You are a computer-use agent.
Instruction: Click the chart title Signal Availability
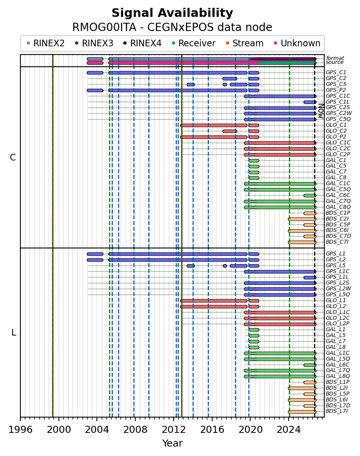(172, 13)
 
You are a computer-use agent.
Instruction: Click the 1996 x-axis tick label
(20, 430)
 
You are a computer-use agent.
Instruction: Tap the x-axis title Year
(172, 443)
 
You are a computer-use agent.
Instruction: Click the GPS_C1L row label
(338, 102)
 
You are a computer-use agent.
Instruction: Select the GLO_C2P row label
(338, 155)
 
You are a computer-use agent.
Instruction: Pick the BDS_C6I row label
(337, 230)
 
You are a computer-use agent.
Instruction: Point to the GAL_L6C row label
(338, 365)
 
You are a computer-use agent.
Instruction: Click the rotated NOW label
(321, 111)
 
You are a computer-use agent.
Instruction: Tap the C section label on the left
(13, 157)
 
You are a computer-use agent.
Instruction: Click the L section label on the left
(14, 332)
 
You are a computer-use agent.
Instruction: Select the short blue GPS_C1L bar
(310, 102)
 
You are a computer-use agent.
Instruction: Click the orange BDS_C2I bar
(302, 219)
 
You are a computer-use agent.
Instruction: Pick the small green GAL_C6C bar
(310, 196)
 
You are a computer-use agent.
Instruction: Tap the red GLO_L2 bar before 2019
(214, 306)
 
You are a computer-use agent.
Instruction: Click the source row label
(335, 62)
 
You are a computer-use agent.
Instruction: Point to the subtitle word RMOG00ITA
(104, 27)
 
